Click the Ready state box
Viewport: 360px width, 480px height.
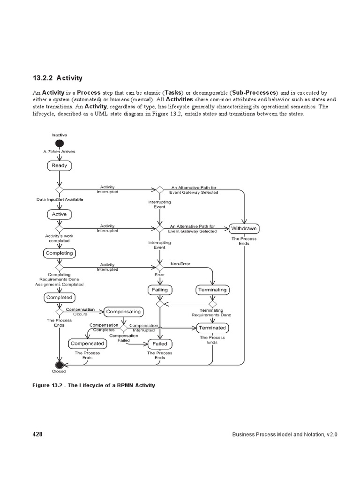[x=59, y=165]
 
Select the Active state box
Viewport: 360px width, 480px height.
[x=59, y=214]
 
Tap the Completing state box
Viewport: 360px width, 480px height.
[x=59, y=253]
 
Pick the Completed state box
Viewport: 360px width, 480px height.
[x=59, y=297]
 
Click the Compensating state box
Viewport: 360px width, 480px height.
[x=123, y=311]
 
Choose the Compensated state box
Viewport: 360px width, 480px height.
[x=87, y=344]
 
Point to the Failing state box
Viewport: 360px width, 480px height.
[x=160, y=290]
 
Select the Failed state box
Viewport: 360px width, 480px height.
[x=160, y=344]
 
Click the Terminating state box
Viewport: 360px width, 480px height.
[x=212, y=290]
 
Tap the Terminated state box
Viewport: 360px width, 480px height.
[x=212, y=328]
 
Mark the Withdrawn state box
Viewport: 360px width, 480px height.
[x=244, y=229]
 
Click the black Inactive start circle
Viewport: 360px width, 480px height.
[x=59, y=143]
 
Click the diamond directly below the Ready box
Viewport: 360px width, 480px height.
[x=59, y=190]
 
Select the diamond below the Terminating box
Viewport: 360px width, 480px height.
[x=212, y=304]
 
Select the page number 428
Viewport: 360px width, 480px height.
[x=37, y=435]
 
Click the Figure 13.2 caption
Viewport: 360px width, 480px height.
[x=93, y=385]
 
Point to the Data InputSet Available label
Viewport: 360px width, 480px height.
[x=60, y=199]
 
